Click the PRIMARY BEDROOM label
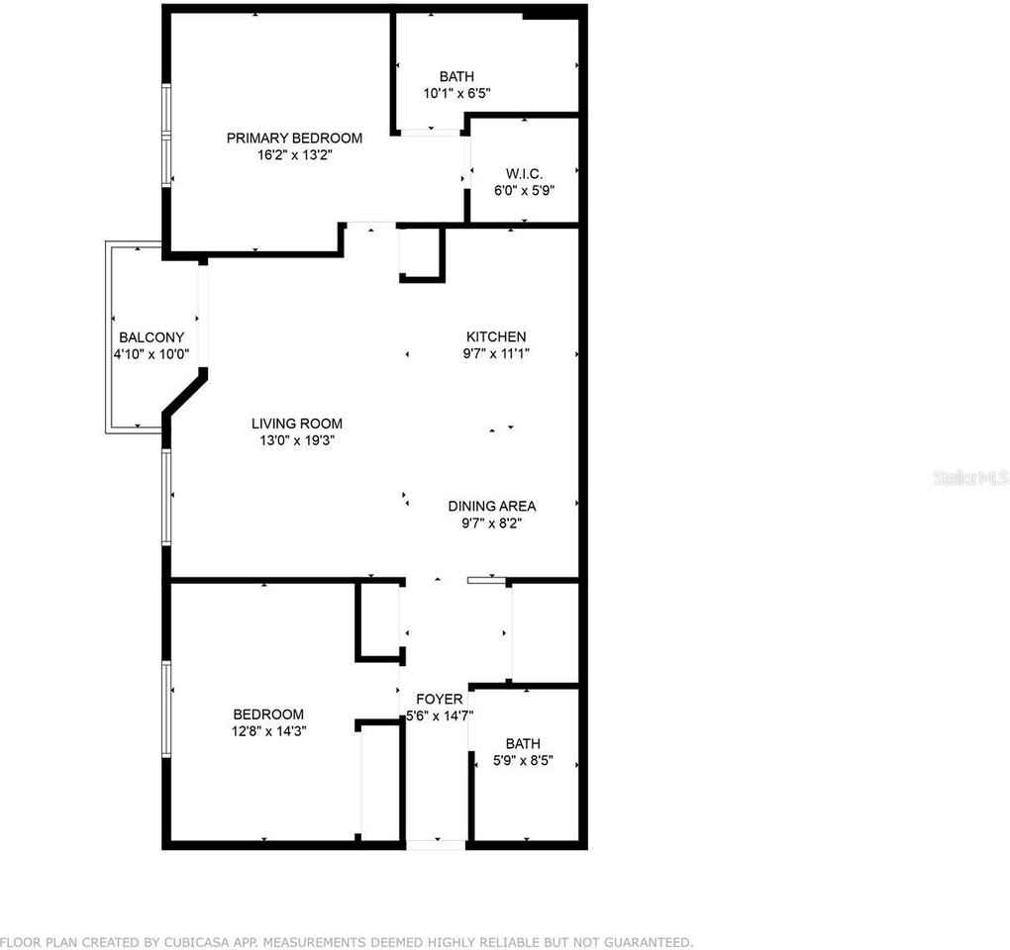(x=294, y=138)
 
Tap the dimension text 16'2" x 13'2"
(x=294, y=154)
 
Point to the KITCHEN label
(x=496, y=336)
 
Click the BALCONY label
(x=151, y=337)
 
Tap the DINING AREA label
(x=492, y=506)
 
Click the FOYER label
(x=439, y=699)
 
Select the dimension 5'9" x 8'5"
(x=522, y=761)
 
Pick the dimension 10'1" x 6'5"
(x=457, y=93)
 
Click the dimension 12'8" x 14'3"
(x=267, y=731)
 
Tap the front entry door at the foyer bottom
(x=436, y=844)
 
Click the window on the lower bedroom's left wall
(x=167, y=709)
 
